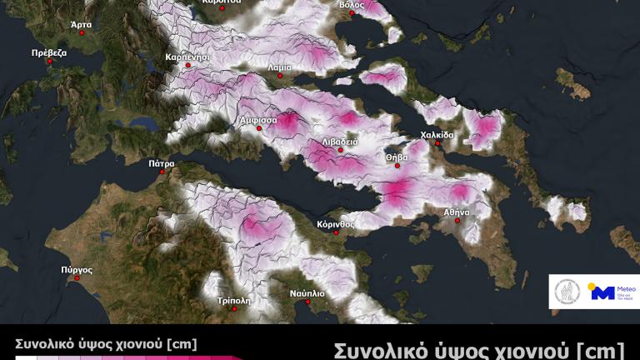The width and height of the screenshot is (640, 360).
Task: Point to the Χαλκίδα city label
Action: coord(437,134)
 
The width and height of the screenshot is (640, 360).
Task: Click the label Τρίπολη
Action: coord(233,300)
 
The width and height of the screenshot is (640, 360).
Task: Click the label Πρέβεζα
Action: coord(48,52)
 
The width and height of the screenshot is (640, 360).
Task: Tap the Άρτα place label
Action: coord(81,25)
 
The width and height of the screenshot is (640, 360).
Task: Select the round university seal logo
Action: coord(567,292)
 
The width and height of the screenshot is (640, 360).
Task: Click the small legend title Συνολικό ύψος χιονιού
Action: coord(105,343)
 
